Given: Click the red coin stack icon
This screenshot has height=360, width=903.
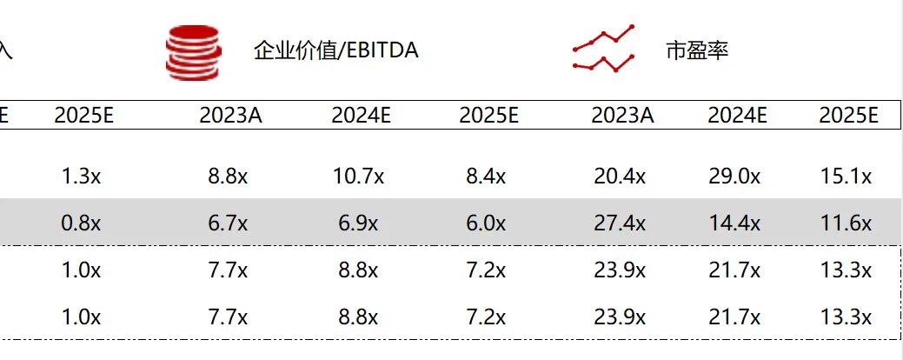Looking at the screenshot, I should [x=193, y=51].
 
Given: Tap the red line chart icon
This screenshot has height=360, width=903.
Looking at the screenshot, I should [x=604, y=50].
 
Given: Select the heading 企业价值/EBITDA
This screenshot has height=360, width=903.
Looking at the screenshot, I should [x=335, y=50].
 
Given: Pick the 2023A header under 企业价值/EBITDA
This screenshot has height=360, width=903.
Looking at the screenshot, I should [x=229, y=115].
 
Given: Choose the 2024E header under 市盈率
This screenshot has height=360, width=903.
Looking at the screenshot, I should [x=737, y=115].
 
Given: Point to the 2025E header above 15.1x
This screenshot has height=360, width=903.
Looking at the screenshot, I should [x=848, y=115].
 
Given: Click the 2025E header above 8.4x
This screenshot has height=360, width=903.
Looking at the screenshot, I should [x=488, y=115].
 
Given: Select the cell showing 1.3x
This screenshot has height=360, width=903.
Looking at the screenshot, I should [x=81, y=177].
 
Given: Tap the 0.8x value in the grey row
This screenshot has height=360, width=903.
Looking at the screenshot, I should [x=81, y=223].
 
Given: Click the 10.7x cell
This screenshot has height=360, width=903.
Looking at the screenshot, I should [x=359, y=177].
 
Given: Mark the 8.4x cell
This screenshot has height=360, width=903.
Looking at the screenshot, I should [x=486, y=177].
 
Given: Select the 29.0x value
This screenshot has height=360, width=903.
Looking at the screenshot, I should [x=734, y=177].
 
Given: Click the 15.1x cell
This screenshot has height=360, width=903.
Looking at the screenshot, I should [x=846, y=177].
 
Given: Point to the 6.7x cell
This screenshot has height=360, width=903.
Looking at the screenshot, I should [x=229, y=223].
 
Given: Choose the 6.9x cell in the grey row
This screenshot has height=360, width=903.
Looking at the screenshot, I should [x=359, y=223].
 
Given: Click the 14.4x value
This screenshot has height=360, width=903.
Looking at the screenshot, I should [x=734, y=223].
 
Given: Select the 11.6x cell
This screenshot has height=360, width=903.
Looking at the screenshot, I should [x=846, y=223].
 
